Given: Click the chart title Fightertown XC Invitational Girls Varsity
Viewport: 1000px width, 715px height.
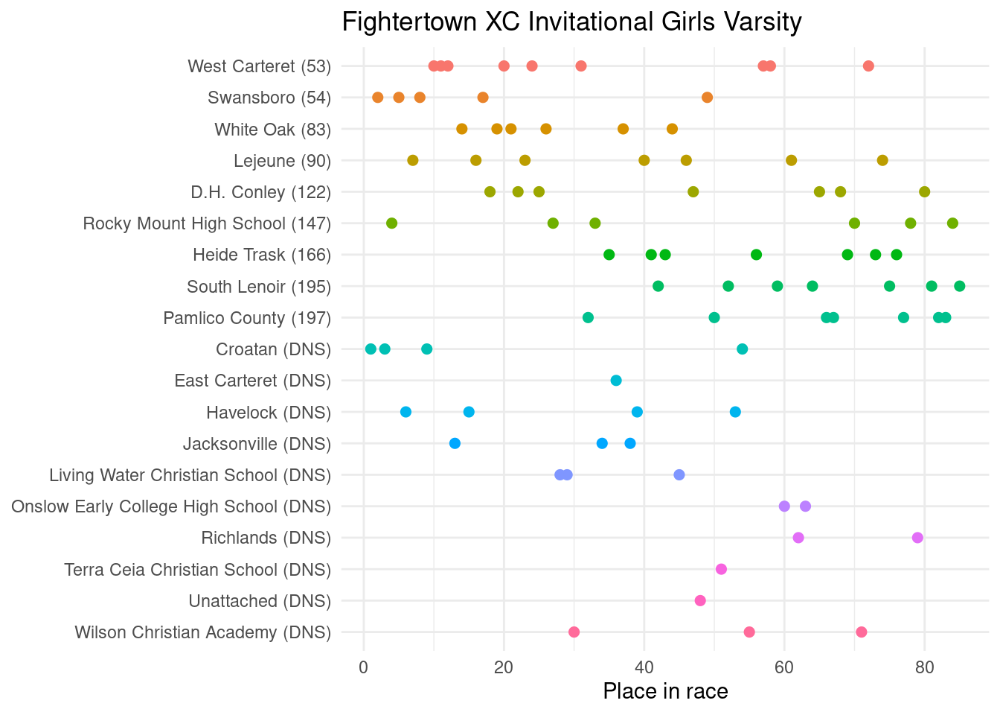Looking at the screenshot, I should tap(571, 22).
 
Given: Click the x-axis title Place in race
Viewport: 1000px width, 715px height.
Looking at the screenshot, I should tap(665, 691).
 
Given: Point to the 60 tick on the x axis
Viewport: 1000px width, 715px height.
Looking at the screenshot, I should tap(784, 668).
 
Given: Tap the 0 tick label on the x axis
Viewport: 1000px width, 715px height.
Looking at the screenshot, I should tap(363, 668).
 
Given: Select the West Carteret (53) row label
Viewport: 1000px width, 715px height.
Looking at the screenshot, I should tap(259, 66).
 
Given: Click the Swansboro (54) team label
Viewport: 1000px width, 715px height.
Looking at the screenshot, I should tap(269, 98).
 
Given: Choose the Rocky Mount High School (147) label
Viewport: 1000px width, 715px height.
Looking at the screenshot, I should tap(207, 223).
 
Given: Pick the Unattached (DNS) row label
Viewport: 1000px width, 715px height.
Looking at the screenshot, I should tap(260, 601).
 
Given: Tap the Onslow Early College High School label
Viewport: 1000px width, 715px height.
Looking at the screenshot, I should tap(171, 506).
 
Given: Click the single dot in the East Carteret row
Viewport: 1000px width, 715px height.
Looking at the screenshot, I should tap(616, 381).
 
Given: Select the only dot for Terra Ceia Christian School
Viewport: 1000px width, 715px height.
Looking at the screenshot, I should tap(721, 569).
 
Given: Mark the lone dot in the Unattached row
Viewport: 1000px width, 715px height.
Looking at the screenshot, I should tap(700, 600).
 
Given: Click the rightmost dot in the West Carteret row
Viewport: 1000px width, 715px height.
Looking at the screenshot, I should tap(868, 66).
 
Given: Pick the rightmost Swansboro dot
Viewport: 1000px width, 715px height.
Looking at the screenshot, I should tap(707, 98).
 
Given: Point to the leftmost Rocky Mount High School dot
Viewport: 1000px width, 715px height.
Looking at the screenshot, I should tap(391, 223).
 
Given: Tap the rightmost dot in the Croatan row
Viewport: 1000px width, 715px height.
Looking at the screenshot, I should tap(742, 349).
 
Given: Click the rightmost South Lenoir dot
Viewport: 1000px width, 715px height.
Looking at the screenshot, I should tap(959, 286).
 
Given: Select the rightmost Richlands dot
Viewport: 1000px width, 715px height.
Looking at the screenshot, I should tap(917, 538).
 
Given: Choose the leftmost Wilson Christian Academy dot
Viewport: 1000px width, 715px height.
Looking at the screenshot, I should tap(574, 632).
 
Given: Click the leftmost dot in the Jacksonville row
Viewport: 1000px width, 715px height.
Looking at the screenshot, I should tap(455, 444).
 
